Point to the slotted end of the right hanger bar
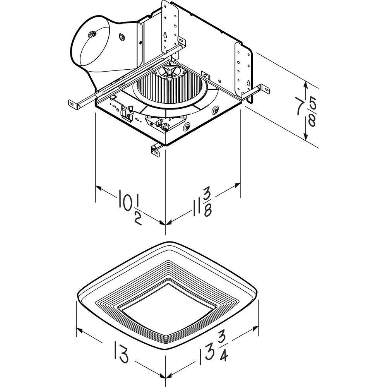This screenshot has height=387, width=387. [x=266, y=89]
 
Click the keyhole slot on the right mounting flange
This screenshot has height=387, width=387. [x=248, y=83]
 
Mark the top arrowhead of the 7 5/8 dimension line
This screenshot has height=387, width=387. [x=306, y=83]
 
